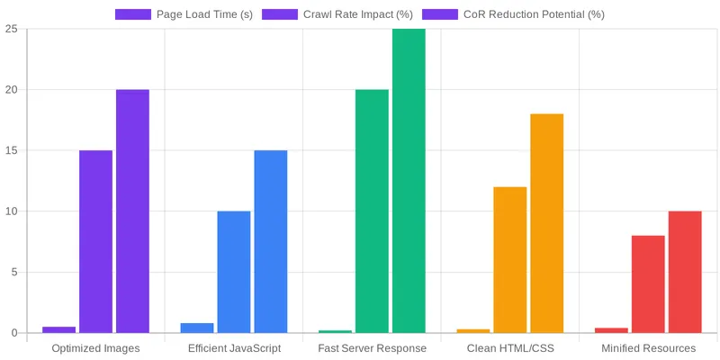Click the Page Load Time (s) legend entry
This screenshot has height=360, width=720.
click(184, 14)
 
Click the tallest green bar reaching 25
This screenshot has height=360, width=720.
click(409, 180)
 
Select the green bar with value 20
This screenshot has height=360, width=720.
click(372, 211)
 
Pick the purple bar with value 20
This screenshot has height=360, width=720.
click(132, 211)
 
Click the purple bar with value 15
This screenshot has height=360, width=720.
click(95, 241)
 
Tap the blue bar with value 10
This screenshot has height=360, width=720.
click(234, 272)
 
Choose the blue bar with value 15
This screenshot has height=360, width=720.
click(271, 241)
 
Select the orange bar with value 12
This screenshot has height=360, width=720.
click(510, 260)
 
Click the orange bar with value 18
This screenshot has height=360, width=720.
click(547, 223)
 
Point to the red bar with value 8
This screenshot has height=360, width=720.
click(648, 284)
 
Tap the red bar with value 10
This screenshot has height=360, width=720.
click(685, 272)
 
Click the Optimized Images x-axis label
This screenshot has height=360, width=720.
click(95, 348)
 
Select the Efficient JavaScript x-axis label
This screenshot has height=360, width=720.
click(234, 348)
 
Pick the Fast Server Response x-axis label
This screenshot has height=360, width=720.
click(372, 348)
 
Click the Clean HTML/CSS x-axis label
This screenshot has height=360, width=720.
click(510, 348)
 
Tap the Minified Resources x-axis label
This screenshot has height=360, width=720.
click(648, 348)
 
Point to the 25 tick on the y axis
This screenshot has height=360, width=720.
click(12, 29)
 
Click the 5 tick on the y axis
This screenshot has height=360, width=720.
click(14, 273)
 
